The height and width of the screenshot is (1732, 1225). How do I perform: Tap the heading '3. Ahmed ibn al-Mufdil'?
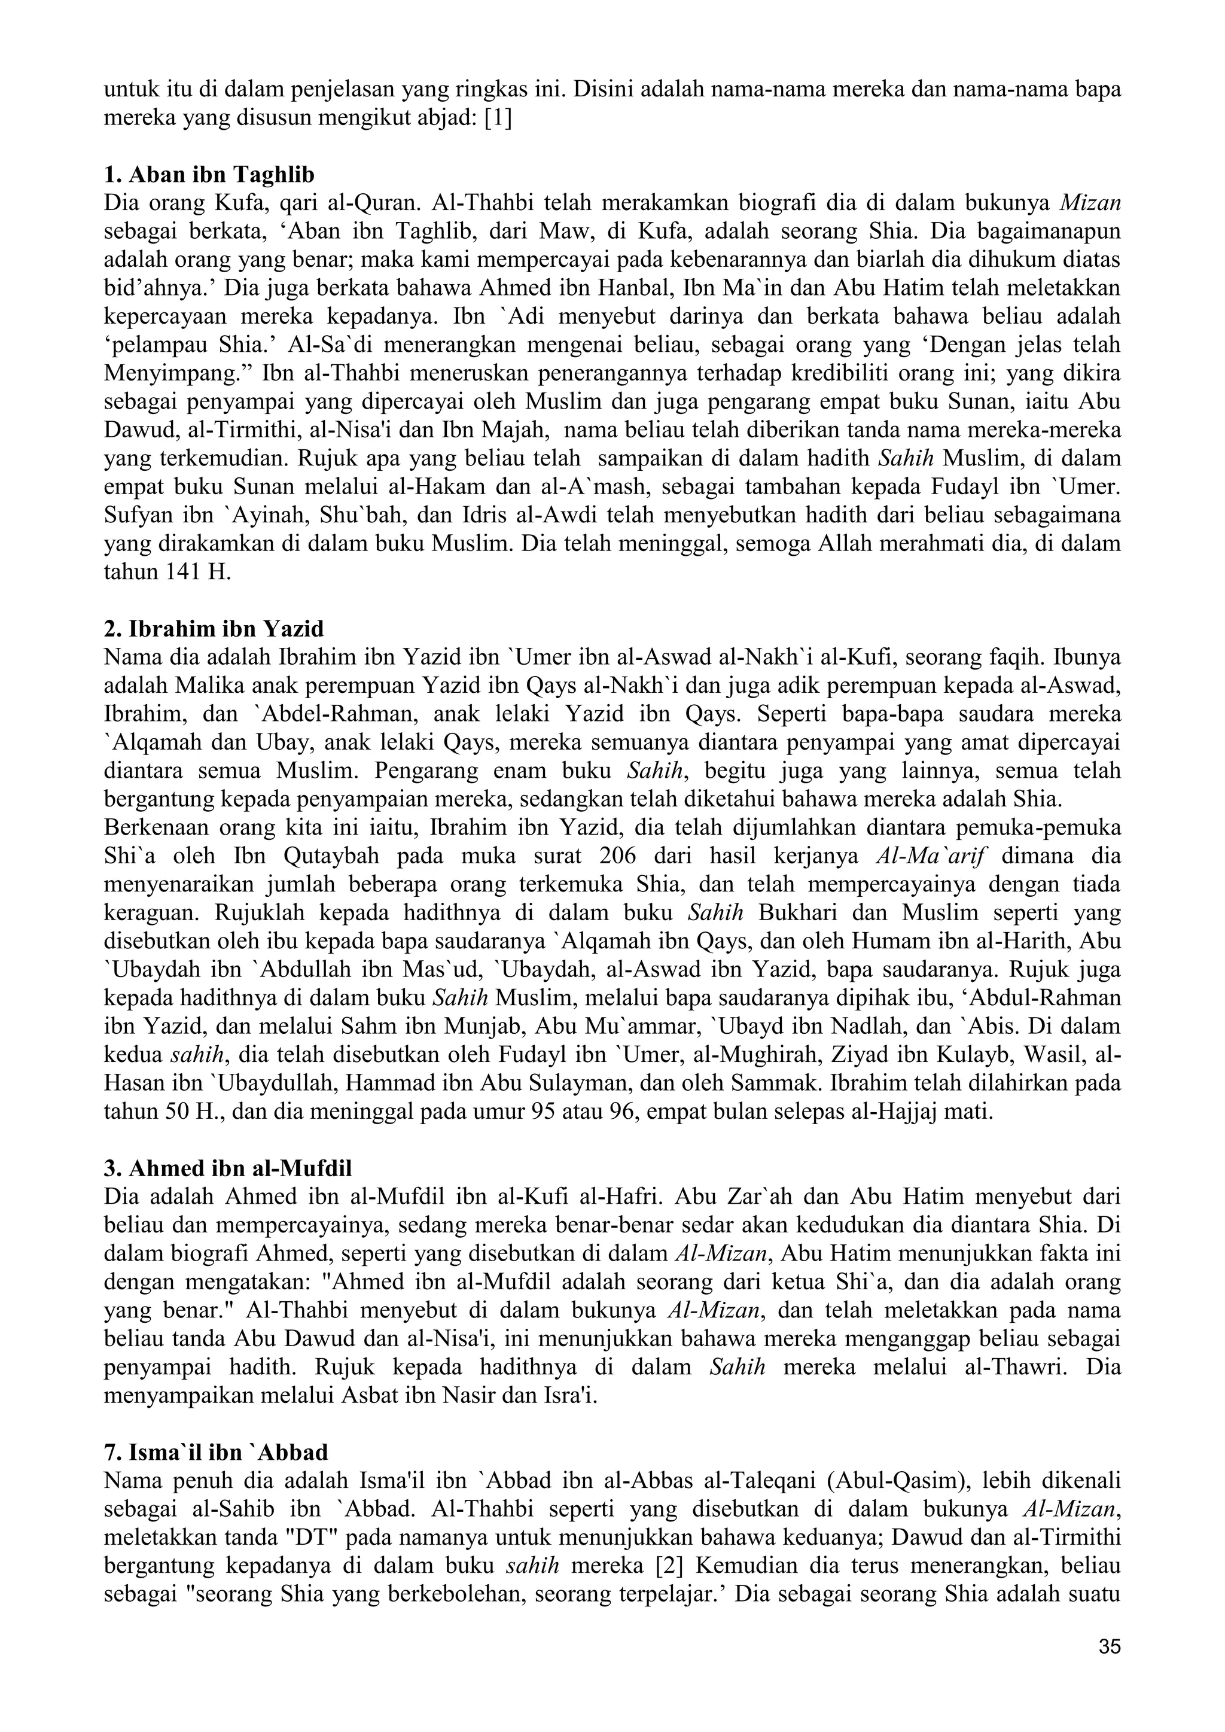click(228, 1168)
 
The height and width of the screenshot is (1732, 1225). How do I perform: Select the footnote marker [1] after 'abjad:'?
click(497, 118)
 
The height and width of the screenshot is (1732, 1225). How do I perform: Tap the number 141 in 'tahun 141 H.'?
click(180, 573)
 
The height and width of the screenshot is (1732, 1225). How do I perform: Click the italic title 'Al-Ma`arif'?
click(933, 856)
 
